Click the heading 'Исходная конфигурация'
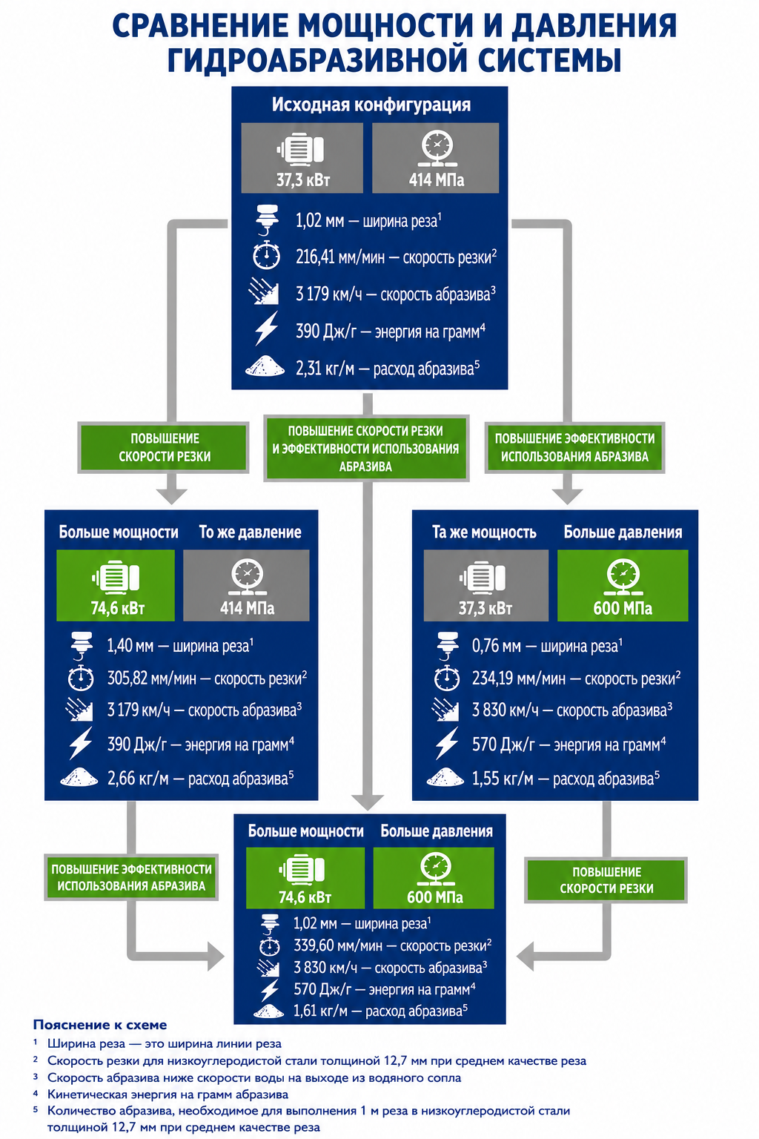coord(371,105)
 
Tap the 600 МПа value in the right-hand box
coord(623,608)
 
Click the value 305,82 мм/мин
coord(151,679)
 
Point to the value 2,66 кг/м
coord(138,779)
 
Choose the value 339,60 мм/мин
coord(337,945)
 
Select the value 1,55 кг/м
coord(503,779)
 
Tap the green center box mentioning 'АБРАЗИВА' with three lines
coord(366,449)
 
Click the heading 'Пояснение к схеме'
coord(100,1025)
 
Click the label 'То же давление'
coord(250,532)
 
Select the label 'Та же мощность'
coord(484,532)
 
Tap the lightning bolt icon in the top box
coord(266,329)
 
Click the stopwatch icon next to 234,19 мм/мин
coord(447,677)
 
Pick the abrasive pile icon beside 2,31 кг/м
coord(265,366)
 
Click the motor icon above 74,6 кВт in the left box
coord(116,578)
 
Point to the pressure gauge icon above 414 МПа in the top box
coord(437,149)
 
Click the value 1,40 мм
coord(130,646)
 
